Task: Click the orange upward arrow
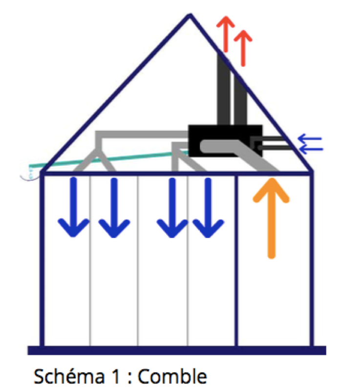pyautogui.click(x=272, y=218)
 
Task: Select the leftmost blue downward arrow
pyautogui.click(x=73, y=207)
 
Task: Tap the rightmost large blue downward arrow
pyautogui.click(x=208, y=208)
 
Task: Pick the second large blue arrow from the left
pyautogui.click(x=114, y=208)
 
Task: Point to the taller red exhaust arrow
pyautogui.click(x=226, y=34)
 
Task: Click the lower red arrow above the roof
pyautogui.click(x=243, y=48)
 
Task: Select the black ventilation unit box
pyautogui.click(x=225, y=140)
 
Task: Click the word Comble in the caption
pyautogui.click(x=172, y=376)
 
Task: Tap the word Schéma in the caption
pyautogui.click(x=69, y=376)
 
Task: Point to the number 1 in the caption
pyautogui.click(x=116, y=376)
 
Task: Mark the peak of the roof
pyautogui.click(x=190, y=15)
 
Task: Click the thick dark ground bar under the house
pyautogui.click(x=177, y=350)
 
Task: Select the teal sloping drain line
pyautogui.click(x=108, y=159)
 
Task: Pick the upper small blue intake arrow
pyautogui.click(x=310, y=138)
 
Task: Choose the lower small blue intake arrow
pyautogui.click(x=311, y=149)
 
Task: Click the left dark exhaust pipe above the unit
pyautogui.click(x=224, y=89)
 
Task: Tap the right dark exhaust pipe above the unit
pyautogui.click(x=240, y=101)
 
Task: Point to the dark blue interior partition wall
pyautogui.click(x=236, y=261)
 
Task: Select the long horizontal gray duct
pyautogui.click(x=142, y=134)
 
